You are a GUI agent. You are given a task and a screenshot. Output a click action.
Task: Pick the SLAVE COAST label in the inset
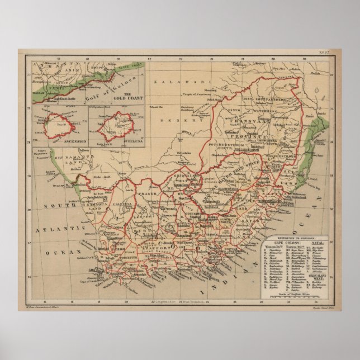pos(129,67)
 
